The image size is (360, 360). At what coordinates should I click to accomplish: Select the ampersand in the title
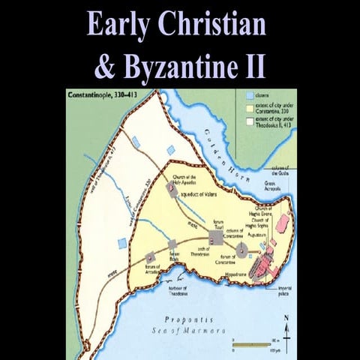coord(104,66)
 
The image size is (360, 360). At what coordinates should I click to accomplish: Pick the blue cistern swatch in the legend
coord(250,97)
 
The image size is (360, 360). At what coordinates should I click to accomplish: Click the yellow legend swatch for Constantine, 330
coord(250,107)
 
